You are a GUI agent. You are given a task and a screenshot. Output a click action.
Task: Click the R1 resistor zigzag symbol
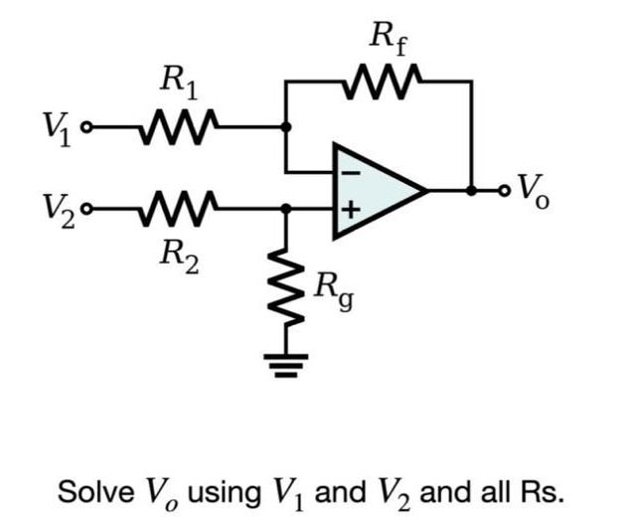pyautogui.click(x=179, y=127)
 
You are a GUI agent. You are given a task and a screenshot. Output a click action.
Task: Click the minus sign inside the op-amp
pyautogui.click(x=349, y=168)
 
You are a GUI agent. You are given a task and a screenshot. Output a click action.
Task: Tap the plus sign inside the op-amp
pyautogui.click(x=349, y=210)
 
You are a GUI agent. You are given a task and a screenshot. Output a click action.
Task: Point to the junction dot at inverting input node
pyautogui.click(x=286, y=127)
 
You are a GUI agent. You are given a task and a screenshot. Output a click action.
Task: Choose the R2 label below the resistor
pyautogui.click(x=178, y=253)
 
